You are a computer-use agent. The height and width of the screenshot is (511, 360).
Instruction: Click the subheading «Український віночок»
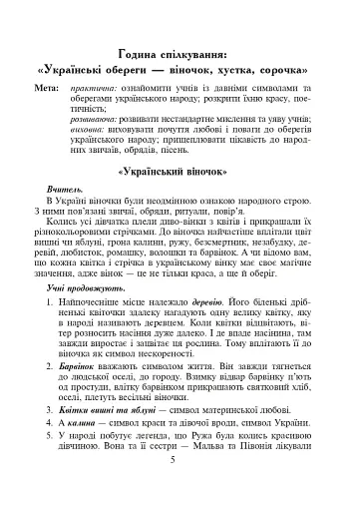coord(180,200)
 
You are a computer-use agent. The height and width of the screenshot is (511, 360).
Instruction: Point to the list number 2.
coord(65,395)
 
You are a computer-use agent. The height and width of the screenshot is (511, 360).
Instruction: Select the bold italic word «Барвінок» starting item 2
coord(97,395)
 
